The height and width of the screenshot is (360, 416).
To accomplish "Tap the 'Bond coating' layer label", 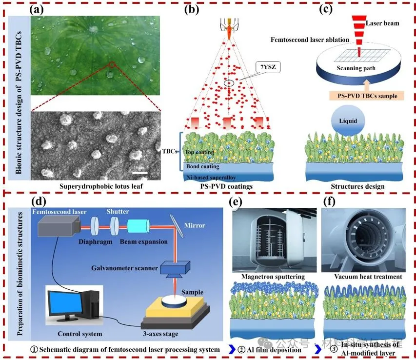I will [203, 167].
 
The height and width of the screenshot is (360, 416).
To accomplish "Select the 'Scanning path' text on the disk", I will [356, 68].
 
